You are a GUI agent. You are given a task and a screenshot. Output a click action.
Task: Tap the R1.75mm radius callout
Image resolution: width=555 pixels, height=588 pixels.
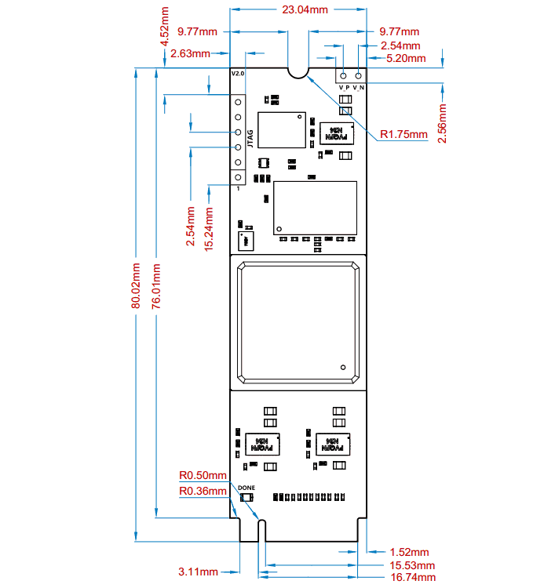coord(403,134)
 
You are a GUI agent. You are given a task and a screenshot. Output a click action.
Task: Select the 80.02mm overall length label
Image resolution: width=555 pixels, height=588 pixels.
coord(137,286)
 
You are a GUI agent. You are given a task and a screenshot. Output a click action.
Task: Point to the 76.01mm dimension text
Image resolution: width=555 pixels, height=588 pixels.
coord(156,286)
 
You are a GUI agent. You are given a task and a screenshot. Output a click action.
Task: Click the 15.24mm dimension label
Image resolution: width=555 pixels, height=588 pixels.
coord(209,227)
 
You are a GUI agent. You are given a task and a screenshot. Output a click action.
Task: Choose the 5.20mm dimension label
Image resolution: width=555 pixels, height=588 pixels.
coord(407,58)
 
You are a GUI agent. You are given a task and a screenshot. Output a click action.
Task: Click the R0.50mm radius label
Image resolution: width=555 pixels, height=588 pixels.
coord(203,475)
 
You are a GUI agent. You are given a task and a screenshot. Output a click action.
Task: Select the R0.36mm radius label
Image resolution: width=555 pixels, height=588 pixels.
coord(203,491)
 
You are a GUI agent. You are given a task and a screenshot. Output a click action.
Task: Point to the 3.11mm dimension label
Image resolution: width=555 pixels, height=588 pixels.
coord(198,572)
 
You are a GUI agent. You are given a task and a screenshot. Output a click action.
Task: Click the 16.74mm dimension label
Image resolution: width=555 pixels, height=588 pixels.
coord(413,577)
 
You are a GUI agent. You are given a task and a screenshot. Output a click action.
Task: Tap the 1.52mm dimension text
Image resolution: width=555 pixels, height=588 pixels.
coord(410,553)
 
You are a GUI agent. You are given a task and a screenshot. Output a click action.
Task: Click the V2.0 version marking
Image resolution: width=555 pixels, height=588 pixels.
coord(238,73)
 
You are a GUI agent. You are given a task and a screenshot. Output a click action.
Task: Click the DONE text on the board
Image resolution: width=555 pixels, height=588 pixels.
coord(246,488)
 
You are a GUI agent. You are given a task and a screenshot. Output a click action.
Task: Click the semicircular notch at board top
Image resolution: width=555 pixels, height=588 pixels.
coord(298,71)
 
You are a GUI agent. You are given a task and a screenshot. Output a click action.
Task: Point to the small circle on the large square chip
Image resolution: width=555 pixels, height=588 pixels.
coord(343,367)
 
